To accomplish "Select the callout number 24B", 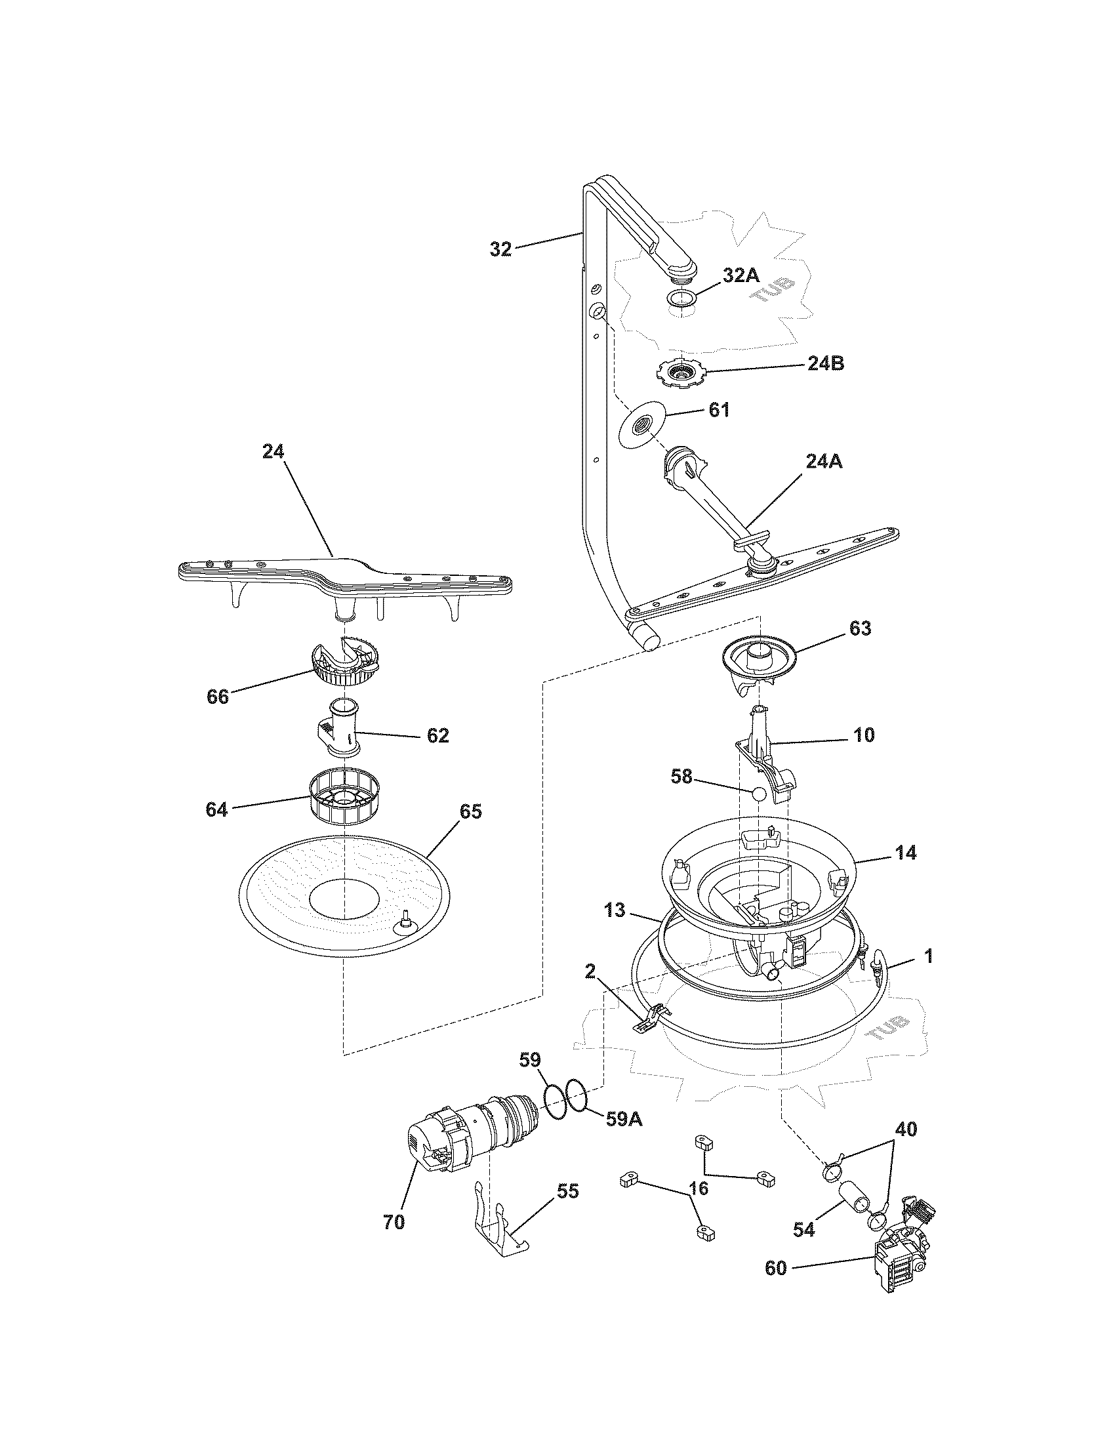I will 826,363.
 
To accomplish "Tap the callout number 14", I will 906,853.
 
